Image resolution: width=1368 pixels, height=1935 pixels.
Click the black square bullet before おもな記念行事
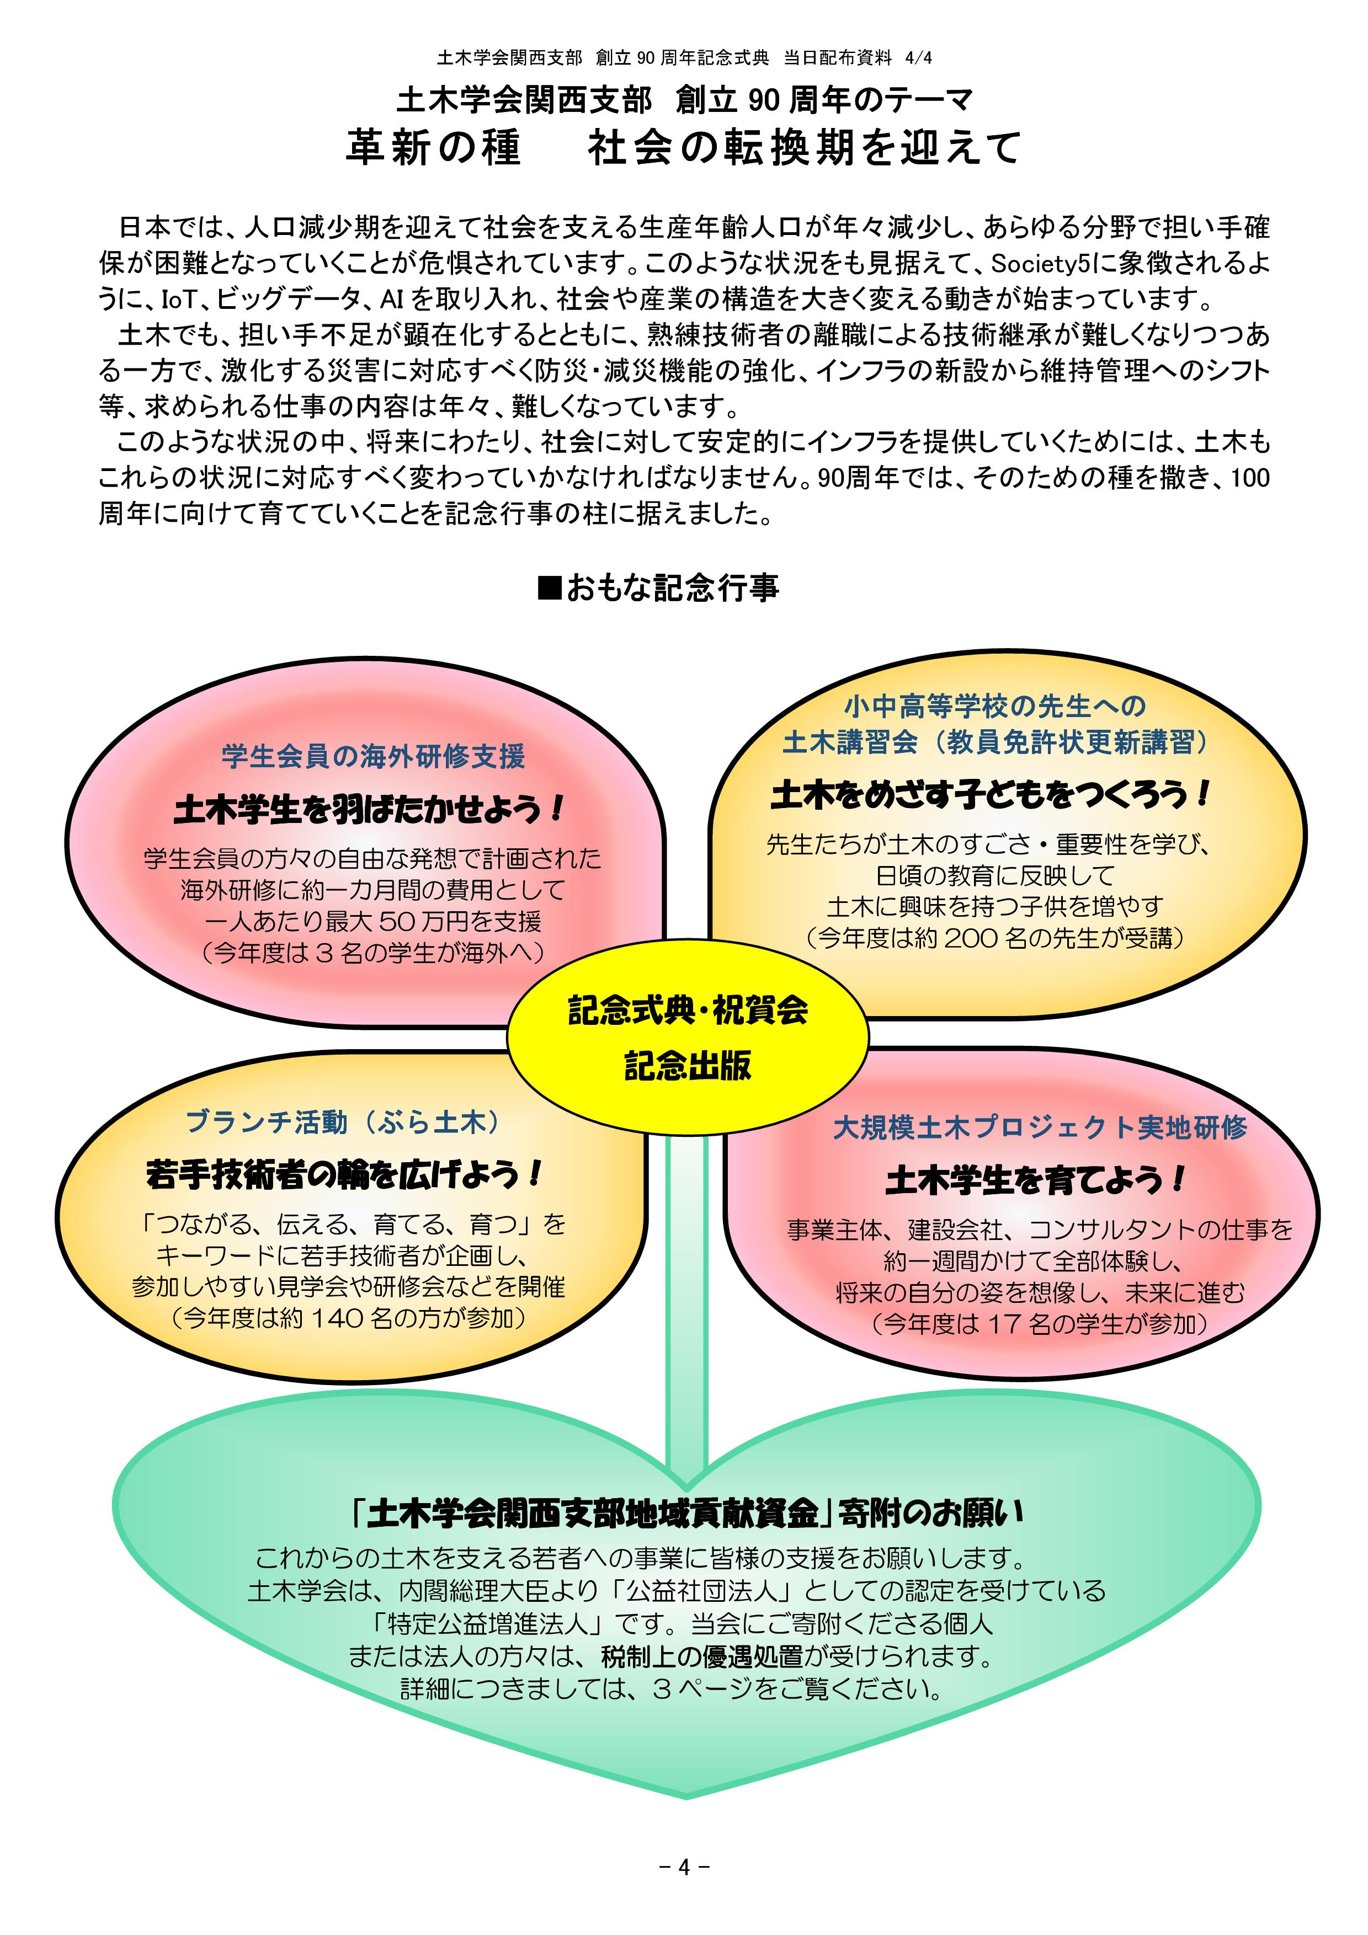549,587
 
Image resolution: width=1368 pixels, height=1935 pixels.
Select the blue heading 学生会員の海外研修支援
374,756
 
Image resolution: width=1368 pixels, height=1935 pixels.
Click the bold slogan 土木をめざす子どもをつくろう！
991,794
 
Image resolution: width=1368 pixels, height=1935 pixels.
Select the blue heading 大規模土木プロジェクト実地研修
1039,1127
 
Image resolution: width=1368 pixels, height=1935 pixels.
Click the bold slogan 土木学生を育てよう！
1036,1180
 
